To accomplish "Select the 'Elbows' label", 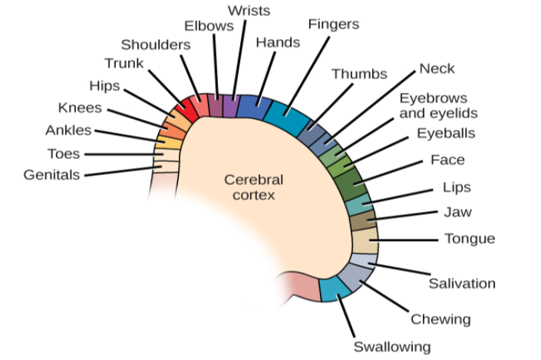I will [x=209, y=25].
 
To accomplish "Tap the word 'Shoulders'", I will [x=156, y=45].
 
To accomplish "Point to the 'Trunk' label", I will [x=123, y=63].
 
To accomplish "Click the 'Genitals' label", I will [x=51, y=175].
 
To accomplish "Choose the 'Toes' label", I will [x=63, y=154].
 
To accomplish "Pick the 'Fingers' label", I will [x=333, y=25].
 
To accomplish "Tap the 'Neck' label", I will [x=437, y=69].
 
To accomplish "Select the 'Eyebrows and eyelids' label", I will [x=438, y=106].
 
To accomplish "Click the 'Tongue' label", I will [x=470, y=239].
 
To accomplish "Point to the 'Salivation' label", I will [x=461, y=283].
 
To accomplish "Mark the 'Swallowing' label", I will [x=391, y=346].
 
